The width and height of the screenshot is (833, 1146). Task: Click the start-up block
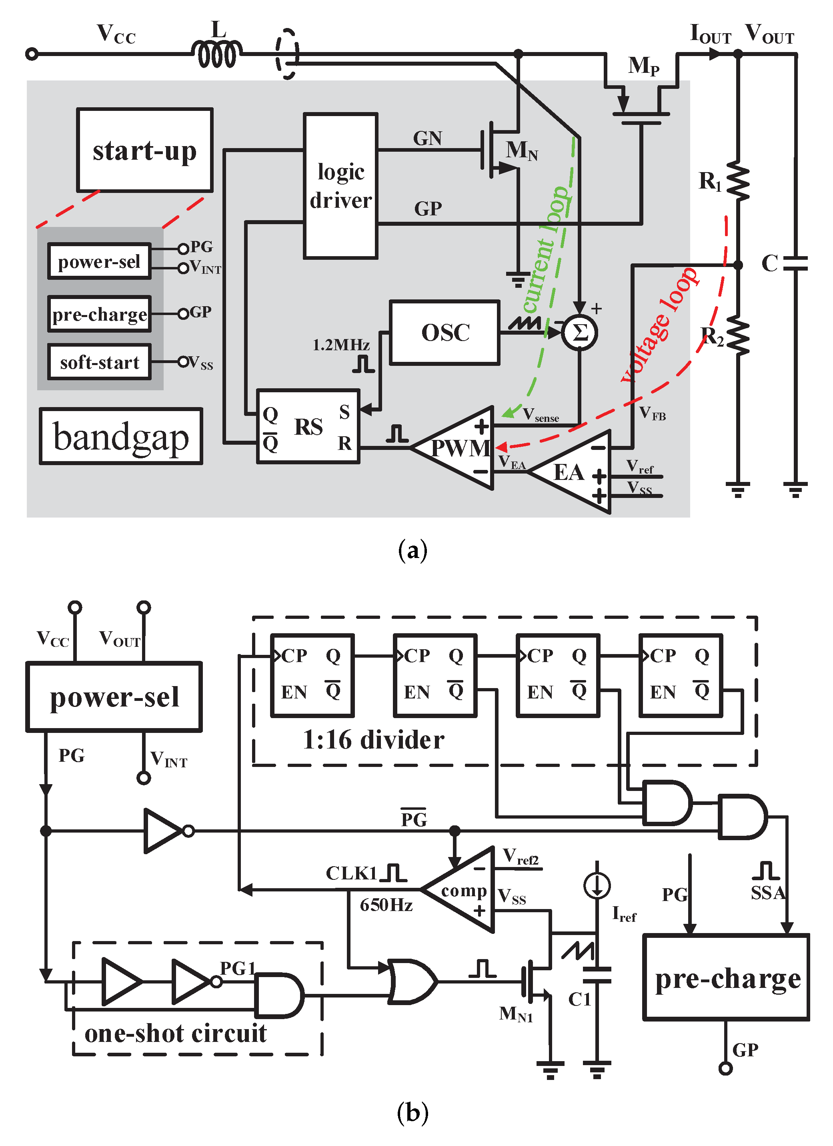pyautogui.click(x=144, y=150)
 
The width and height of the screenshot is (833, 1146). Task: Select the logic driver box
pyautogui.click(x=340, y=186)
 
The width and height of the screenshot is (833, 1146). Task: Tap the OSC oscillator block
pyautogui.click(x=445, y=333)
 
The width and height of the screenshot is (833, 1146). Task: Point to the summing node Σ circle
pyautogui.click(x=579, y=333)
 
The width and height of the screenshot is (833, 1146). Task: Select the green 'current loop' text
pyautogui.click(x=547, y=250)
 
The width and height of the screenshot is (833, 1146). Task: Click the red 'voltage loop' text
pyautogui.click(x=659, y=326)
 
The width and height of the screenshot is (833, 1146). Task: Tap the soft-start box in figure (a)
pyautogui.click(x=100, y=362)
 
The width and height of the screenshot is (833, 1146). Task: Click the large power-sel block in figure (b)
pyautogui.click(x=114, y=697)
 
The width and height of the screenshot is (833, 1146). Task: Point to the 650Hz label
pyautogui.click(x=386, y=905)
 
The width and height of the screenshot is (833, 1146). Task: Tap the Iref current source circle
pyautogui.click(x=597, y=885)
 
